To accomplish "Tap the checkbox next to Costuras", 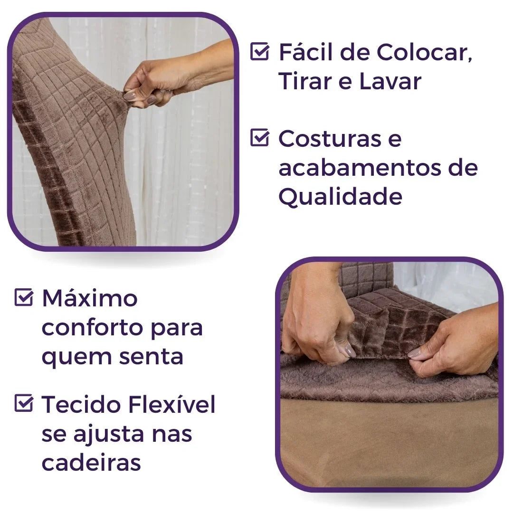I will click(x=260, y=138).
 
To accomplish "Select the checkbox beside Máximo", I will click(x=24, y=298).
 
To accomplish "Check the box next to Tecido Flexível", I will click(x=24, y=404).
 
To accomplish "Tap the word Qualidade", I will click(x=340, y=196).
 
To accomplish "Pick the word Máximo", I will click(x=90, y=298).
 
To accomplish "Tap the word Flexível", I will click(x=171, y=404).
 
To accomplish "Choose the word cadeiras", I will click(x=91, y=463).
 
